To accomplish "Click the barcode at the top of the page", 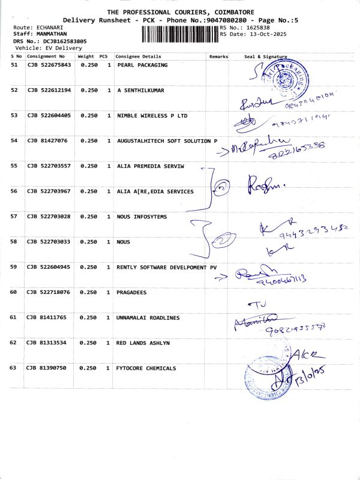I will coord(180,34).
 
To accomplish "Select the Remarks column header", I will coord(219,56).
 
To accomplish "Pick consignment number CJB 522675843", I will coord(49,65).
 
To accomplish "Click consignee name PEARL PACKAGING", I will coord(142,65).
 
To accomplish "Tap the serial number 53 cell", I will coord(14,115).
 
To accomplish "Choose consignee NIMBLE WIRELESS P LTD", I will coord(152,115).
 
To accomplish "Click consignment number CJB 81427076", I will coord(47,140).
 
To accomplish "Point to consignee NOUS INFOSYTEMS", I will coord(142,216).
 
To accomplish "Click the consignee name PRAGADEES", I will coord(132,292).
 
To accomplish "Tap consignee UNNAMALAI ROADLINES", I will coord(148,317).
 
